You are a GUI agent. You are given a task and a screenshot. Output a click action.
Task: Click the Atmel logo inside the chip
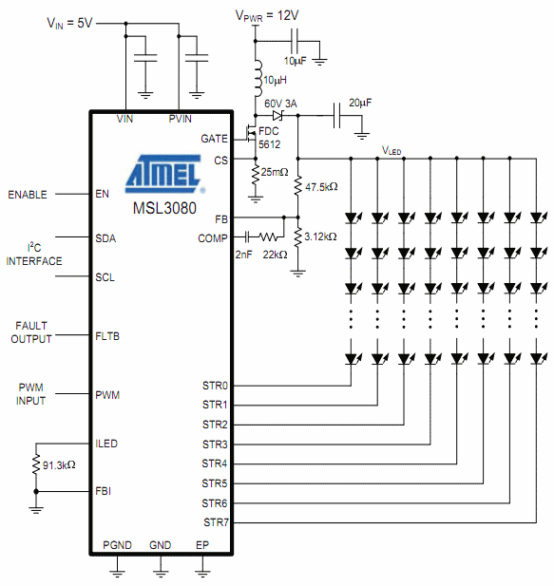coord(165,174)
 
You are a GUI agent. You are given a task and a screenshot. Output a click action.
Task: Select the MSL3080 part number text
coord(164,208)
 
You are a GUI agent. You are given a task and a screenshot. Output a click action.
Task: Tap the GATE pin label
coord(214,139)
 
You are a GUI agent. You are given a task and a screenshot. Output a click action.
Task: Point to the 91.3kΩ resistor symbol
coord(36,464)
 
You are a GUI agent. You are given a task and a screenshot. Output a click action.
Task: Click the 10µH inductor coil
coord(258,79)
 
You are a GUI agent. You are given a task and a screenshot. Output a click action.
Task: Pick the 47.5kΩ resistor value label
coord(321,187)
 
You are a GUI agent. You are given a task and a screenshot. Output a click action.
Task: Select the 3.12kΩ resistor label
coord(320,236)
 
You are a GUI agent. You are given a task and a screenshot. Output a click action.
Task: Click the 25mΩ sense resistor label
coord(275,172)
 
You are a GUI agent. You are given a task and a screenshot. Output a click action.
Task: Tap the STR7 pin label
coord(216,522)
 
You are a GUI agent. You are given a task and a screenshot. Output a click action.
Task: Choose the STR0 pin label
coord(215,386)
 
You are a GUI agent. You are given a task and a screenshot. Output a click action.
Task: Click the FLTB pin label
coord(107,336)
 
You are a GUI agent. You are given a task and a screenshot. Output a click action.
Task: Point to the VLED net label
coord(392,151)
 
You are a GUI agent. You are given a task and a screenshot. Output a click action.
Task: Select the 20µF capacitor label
coord(360,103)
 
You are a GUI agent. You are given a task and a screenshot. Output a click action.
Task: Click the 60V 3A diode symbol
coord(277,116)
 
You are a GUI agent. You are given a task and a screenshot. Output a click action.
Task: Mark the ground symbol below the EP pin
coord(202,572)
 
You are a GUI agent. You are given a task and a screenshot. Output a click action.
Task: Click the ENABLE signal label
coord(28,195)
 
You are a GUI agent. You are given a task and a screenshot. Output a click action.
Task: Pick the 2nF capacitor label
coord(243,255)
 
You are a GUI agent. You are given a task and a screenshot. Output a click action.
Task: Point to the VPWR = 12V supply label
coord(267,16)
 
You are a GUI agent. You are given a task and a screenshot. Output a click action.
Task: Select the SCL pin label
coord(105,277)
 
